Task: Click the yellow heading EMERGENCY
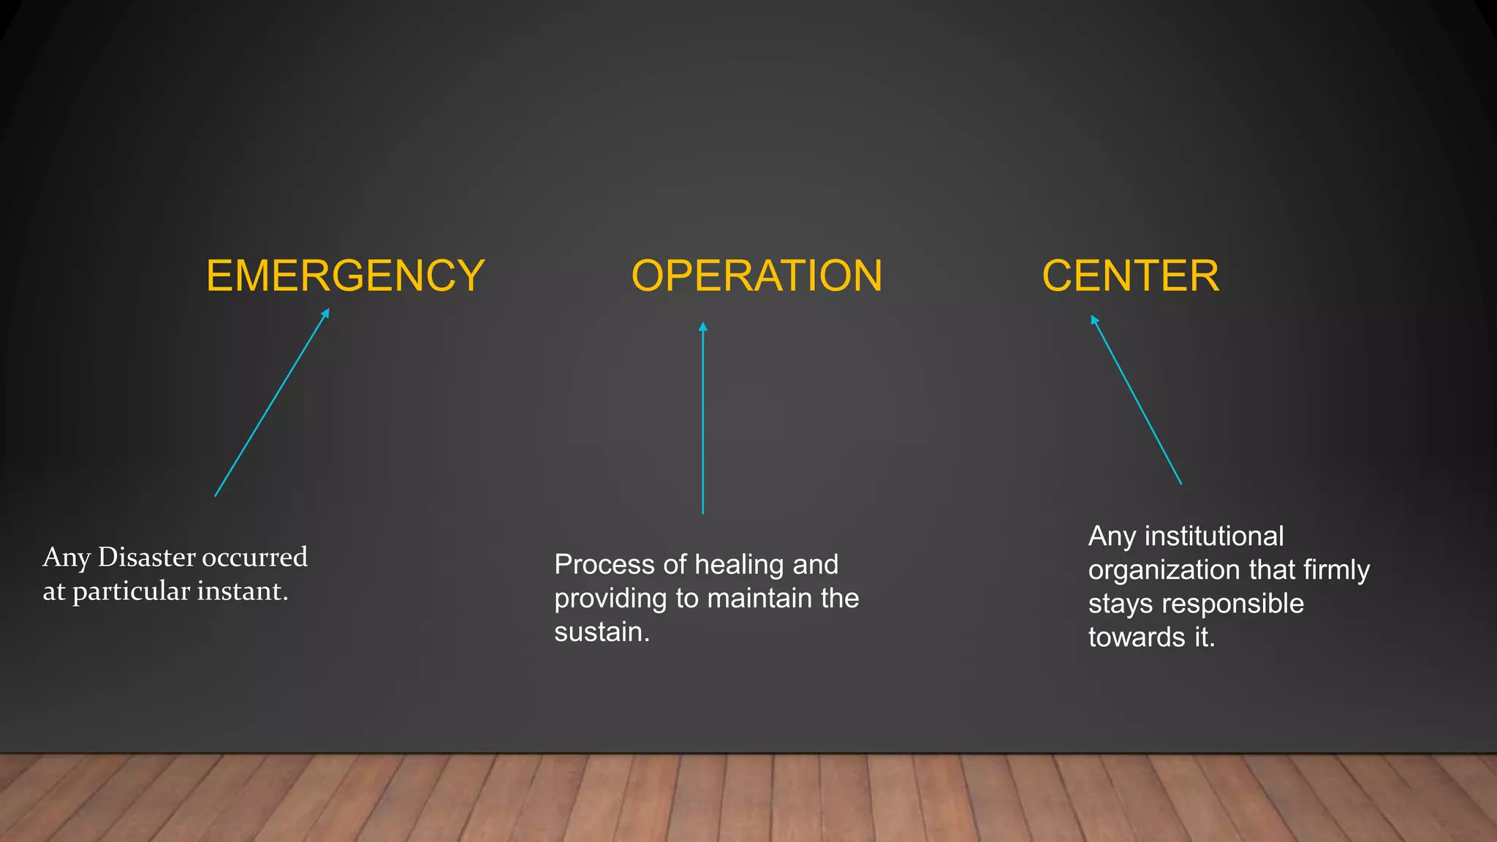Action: tap(345, 276)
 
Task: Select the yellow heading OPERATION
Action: tap(757, 276)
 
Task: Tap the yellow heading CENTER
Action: tap(1130, 276)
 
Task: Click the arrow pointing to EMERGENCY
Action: tap(272, 403)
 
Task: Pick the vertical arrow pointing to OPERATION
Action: tap(703, 418)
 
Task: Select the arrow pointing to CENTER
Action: tap(1136, 400)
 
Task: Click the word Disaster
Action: tap(146, 557)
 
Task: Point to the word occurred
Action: tap(254, 557)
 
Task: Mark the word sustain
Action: tap(602, 632)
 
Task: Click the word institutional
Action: tap(1213, 536)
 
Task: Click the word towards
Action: tap(1137, 637)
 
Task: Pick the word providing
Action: tap(610, 599)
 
